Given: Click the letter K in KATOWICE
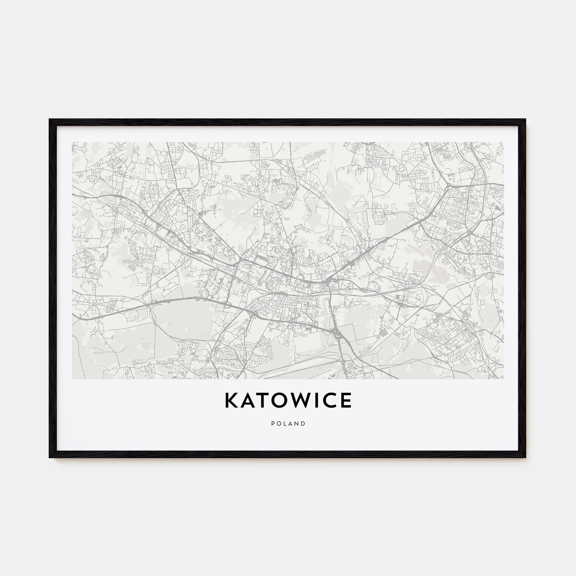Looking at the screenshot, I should point(232,400).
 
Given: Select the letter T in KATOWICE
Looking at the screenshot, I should point(262,400).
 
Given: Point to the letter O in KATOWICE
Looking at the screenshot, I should point(279,400).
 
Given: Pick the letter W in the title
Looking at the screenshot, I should point(299,400).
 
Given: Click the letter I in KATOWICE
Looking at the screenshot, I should point(314,400).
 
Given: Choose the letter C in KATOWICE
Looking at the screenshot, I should point(327,400).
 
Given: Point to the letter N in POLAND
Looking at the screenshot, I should point(297,423).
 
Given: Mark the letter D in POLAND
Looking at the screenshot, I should point(304,423).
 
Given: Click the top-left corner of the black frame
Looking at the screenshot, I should point(50,120).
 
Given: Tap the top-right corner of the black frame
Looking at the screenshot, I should point(526,120).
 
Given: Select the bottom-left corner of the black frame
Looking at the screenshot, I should point(50,457).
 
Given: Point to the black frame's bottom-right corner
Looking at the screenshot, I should point(526,457).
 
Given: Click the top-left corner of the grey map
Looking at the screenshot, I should point(72,142).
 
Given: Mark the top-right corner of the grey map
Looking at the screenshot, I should point(504,142).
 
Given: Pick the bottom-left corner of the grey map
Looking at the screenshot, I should point(72,379).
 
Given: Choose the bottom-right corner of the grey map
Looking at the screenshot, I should point(504,379).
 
